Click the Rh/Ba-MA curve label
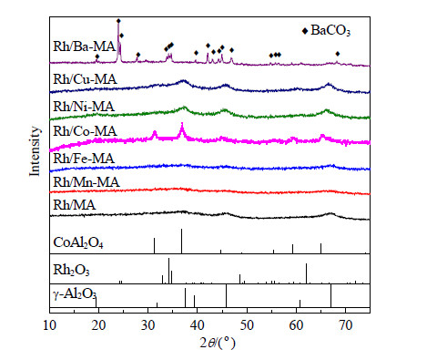click(84, 46)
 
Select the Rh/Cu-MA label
click(85, 79)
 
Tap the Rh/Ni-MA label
click(84, 107)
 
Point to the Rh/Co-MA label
click(85, 131)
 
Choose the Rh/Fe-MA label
click(84, 159)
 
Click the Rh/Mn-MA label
click(86, 182)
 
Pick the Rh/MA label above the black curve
click(75, 205)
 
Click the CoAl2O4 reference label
click(78, 243)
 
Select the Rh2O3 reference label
click(71, 270)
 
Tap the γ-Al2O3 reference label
click(75, 294)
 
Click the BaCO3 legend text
click(330, 31)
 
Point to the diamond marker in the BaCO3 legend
click(305, 31)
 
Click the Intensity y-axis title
click(35, 151)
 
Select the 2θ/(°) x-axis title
click(218, 343)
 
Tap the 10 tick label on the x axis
click(49, 325)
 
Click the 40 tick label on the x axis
click(198, 325)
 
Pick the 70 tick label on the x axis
click(345, 325)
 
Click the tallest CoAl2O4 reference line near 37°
click(181, 241)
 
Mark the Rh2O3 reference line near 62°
click(306, 273)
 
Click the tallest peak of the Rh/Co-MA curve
click(182, 124)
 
